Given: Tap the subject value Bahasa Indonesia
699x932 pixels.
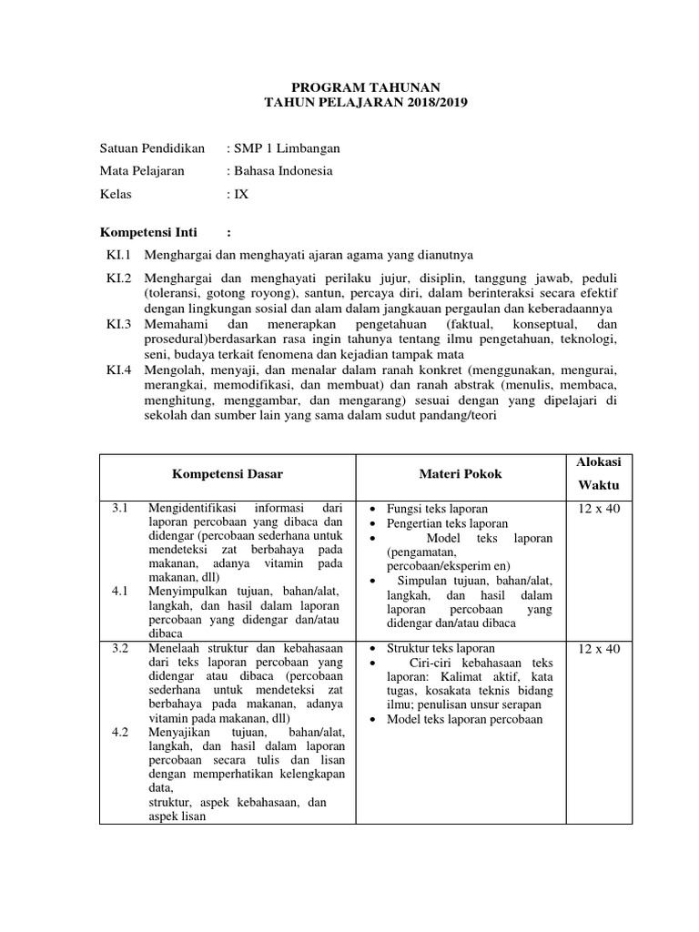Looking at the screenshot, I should pos(283,171).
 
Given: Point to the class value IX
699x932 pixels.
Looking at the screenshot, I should pos(241,194).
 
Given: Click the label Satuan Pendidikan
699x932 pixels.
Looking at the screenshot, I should pos(152,148).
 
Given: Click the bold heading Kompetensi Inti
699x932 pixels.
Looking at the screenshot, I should pos(147,232).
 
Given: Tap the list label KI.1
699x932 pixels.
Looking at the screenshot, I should pos(119,255).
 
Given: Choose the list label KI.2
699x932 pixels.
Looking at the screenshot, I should pos(119,277).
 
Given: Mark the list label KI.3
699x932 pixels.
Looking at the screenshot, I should pos(119,324).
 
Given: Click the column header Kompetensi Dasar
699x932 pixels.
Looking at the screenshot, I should pos(228,474).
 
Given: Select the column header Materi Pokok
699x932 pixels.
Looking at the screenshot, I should pos(461,474).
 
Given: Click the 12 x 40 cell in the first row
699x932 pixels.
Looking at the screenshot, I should pos(598,509).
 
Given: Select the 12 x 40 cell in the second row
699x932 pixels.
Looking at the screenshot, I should pos(598,649).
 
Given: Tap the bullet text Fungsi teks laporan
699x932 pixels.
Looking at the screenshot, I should pos(437,509).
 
